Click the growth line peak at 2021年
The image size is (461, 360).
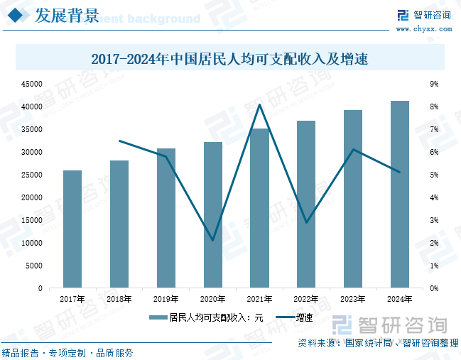[259, 105]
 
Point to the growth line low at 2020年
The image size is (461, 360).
[212, 240]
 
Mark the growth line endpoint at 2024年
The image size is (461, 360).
[400, 172]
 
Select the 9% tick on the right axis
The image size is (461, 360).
[435, 84]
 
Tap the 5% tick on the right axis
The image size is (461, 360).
[435, 175]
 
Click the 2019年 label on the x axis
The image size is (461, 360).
[166, 299]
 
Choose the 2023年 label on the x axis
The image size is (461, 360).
[353, 299]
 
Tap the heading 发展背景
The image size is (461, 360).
[67, 16]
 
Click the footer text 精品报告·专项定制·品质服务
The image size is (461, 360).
[67, 353]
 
